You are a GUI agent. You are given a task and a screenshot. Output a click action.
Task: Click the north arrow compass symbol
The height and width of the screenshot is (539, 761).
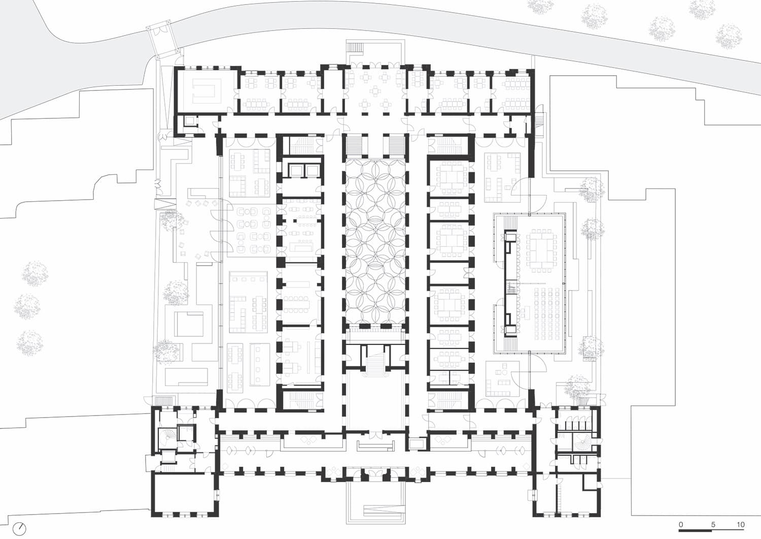19,528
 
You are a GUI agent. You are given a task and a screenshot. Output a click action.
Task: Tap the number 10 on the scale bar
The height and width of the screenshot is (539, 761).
741,524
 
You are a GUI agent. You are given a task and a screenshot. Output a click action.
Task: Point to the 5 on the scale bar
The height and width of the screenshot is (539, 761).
713,524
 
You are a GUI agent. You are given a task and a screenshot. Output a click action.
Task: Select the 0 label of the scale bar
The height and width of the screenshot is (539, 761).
681,524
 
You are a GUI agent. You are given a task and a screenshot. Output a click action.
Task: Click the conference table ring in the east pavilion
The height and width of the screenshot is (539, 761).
542,247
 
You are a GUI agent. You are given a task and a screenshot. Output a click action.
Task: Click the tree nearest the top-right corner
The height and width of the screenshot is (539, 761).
729,36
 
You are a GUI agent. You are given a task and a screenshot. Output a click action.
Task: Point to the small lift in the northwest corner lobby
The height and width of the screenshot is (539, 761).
190,121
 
